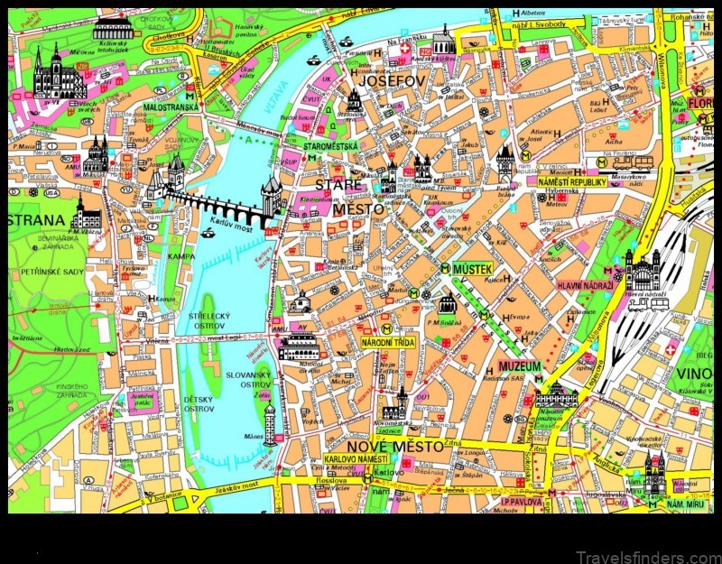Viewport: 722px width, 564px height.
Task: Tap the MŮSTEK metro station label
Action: click(x=472, y=269)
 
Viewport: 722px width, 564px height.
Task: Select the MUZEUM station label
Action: click(x=520, y=366)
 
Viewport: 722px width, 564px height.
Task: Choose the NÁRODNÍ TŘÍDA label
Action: click(x=387, y=343)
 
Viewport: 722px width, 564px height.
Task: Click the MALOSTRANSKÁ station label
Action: click(x=171, y=106)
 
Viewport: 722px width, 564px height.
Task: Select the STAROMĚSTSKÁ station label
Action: click(x=330, y=145)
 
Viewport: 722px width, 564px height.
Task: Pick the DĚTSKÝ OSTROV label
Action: click(x=199, y=403)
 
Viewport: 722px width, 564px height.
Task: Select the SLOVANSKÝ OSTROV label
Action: click(x=249, y=381)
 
